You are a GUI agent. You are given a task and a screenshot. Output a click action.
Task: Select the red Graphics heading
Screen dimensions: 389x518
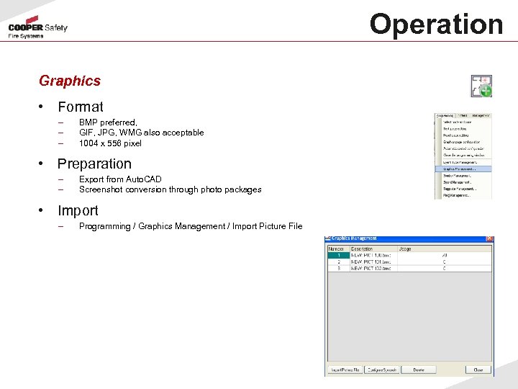tap(70, 81)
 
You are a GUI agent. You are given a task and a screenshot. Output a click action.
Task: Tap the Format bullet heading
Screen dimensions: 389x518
tap(81, 107)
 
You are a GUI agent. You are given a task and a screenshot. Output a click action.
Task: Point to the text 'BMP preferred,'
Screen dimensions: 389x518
tap(108, 122)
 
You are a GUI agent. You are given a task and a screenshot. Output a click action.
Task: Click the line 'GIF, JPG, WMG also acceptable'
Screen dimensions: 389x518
tap(141, 133)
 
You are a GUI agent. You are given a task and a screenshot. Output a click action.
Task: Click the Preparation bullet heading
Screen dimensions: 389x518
tap(94, 164)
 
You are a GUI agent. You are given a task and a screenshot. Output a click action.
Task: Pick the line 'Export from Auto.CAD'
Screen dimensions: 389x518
tap(120, 179)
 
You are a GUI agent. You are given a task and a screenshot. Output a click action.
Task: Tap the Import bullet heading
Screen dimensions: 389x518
tap(78, 211)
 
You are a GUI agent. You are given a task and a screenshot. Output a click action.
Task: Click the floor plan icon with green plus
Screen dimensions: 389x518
tap(481, 86)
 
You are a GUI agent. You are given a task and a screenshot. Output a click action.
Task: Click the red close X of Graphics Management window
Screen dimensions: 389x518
tap(489, 238)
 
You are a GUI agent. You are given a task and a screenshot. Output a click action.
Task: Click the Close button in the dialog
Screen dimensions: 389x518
tap(478, 370)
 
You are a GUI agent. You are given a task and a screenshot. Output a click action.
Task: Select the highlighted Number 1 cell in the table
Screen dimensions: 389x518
tap(338, 255)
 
